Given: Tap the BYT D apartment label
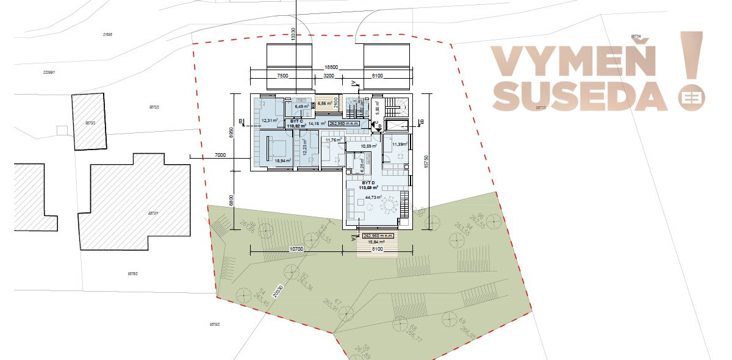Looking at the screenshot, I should [368, 182].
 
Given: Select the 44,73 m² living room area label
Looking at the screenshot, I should [373, 197].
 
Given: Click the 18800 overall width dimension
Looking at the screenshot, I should [332, 67].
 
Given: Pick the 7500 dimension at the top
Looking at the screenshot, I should [282, 76].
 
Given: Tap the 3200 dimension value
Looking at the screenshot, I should [328, 76].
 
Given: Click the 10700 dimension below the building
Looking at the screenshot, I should [296, 249].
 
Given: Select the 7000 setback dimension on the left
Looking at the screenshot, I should [220, 155].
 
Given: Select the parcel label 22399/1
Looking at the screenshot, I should [49, 73].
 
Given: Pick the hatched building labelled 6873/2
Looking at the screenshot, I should [90, 122].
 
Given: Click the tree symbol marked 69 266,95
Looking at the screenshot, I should [449, 319].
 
